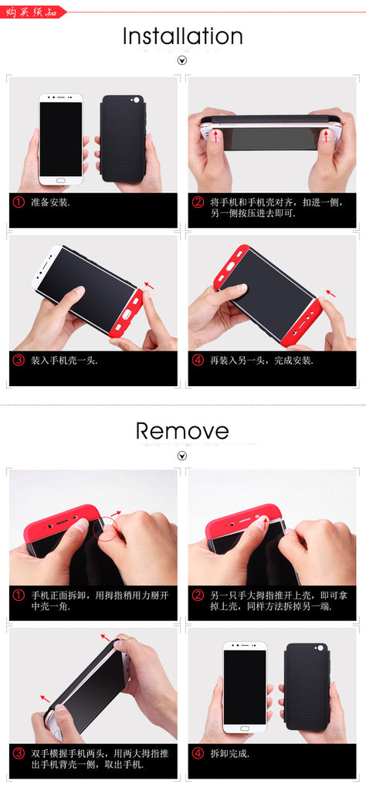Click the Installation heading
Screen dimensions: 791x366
click(183, 36)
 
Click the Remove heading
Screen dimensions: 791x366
click(182, 431)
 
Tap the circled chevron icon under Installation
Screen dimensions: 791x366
click(182, 60)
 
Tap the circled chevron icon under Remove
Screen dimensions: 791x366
click(182, 456)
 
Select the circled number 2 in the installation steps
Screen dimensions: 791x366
click(198, 202)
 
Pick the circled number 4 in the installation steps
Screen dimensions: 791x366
click(198, 360)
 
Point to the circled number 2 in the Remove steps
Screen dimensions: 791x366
click(198, 596)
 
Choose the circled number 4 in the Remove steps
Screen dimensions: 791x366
click(198, 752)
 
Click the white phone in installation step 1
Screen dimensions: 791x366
click(61, 139)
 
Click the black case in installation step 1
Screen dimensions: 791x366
click(124, 139)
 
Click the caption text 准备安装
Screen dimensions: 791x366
click(50, 202)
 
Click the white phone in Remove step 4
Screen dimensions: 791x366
click(245, 686)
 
